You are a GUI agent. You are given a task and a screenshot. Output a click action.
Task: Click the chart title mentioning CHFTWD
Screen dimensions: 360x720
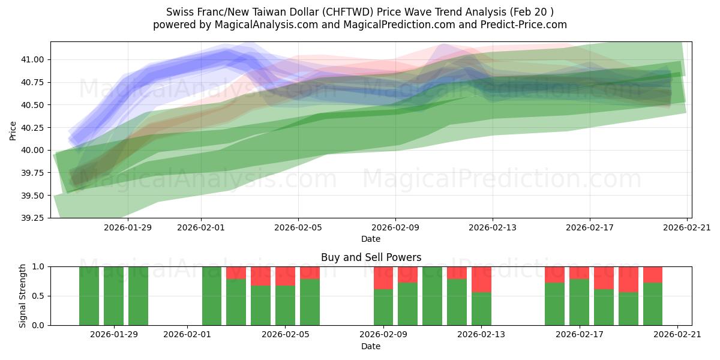pos(359,12)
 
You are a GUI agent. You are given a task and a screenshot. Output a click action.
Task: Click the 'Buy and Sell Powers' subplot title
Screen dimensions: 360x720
pos(371,257)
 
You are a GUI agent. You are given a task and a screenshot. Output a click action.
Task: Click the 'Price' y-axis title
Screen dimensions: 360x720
pos(13,130)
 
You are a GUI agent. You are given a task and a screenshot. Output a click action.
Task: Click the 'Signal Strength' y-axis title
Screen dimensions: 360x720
pos(23,296)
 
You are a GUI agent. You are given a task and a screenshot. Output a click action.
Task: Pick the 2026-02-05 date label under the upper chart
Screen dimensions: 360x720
pos(298,227)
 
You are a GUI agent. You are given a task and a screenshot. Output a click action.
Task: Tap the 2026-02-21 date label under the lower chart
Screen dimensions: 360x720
pos(677,335)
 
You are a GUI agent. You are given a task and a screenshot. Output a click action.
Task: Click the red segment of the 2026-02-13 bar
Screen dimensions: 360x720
pos(481,279)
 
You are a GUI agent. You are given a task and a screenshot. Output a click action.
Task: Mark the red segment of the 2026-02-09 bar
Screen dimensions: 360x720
pos(383,278)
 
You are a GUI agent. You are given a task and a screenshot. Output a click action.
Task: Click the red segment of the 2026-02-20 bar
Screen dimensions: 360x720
pos(653,274)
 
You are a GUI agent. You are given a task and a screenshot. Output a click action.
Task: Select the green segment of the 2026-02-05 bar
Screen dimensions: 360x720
pos(285,305)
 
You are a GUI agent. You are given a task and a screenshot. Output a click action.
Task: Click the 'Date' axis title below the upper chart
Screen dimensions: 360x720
pos(371,239)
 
